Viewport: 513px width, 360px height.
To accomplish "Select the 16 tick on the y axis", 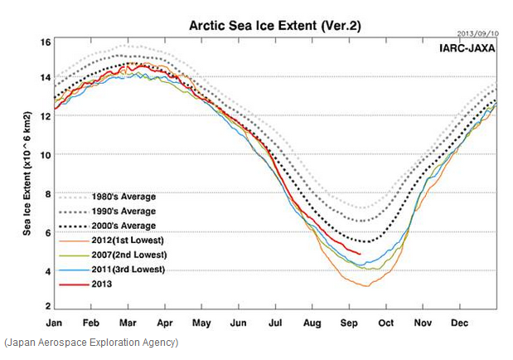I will click(46, 41).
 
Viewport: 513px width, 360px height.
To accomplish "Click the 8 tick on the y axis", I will click(48, 194).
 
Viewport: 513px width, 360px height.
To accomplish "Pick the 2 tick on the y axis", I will click(48, 308).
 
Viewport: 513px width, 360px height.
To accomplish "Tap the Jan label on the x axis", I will click(55, 322).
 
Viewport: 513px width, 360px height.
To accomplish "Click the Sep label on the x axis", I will click(349, 322).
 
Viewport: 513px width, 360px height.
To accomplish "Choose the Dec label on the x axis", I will click(460, 322).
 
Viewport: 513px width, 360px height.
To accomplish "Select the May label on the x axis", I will click(202, 322).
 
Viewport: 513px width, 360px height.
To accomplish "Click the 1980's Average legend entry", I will click(124, 197).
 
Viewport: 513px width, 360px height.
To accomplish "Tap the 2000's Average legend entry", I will click(124, 226).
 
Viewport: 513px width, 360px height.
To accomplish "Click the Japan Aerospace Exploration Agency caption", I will click(90, 342).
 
